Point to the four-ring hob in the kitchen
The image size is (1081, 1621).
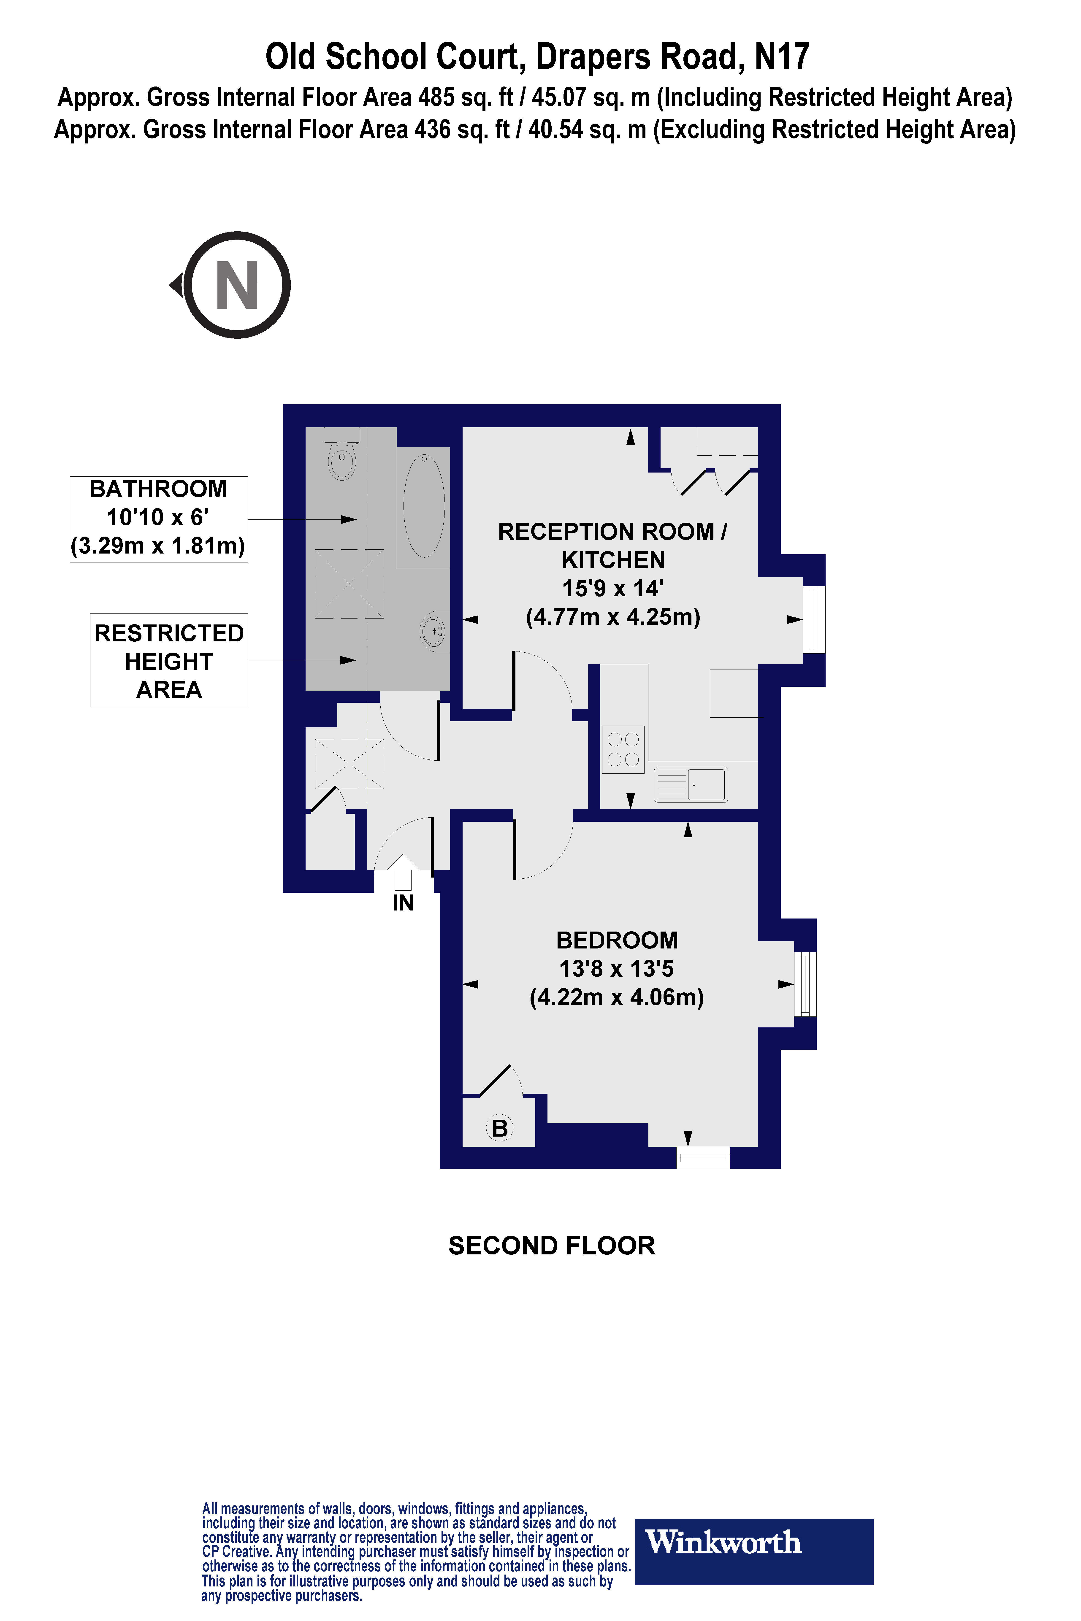pos(623,749)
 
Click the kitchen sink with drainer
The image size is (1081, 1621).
pos(690,784)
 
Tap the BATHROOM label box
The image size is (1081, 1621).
pos(159,518)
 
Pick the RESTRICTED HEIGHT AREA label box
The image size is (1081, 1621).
pos(169,660)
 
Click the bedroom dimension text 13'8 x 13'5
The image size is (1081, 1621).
pos(616,968)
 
